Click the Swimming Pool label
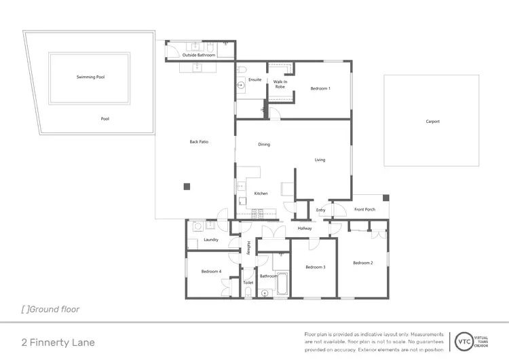[x=90, y=77]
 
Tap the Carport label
[x=432, y=122]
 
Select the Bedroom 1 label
[x=320, y=89]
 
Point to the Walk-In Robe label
[x=280, y=84]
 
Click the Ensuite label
[x=255, y=80]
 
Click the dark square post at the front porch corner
[x=386, y=198]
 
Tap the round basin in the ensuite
[x=241, y=86]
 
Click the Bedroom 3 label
[x=316, y=267]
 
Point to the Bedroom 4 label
[x=211, y=272]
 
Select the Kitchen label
[x=261, y=194]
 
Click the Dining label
[x=264, y=145]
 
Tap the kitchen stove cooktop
[x=257, y=213]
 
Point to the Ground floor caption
[x=51, y=309]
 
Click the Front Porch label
[x=364, y=209]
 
